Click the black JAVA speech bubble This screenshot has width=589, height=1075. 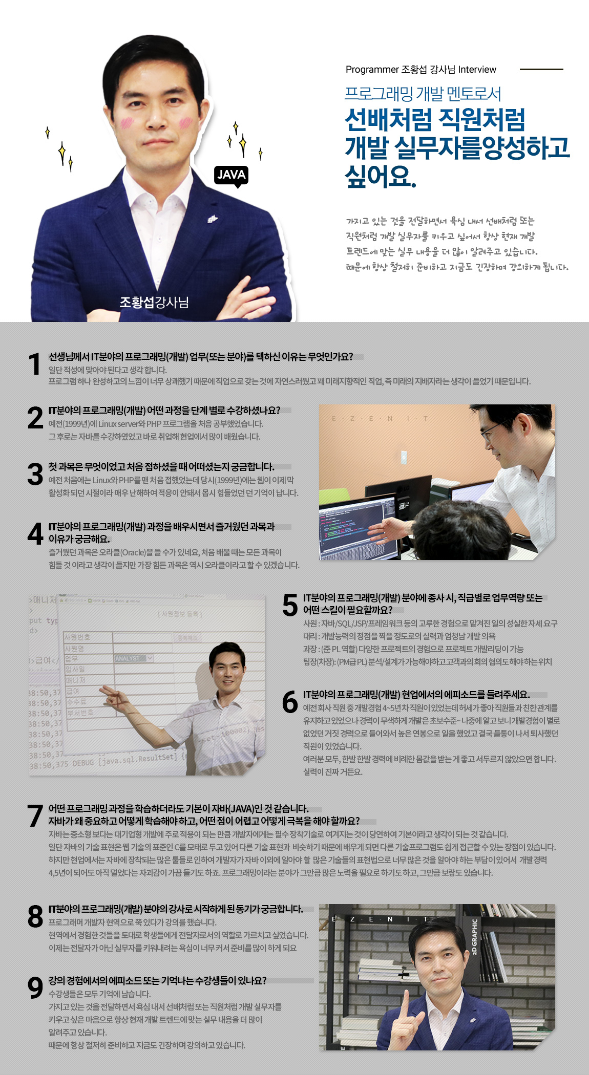(231, 176)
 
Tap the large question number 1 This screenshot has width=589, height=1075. (35, 364)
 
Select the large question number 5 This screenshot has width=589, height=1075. (290, 605)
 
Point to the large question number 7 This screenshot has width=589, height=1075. (35, 815)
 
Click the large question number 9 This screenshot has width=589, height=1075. (35, 987)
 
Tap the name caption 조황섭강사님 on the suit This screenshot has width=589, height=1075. (154, 303)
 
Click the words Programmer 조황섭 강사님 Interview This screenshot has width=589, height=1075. (421, 70)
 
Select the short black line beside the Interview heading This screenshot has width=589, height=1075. (541, 69)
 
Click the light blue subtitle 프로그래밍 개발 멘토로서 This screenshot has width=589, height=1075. (423, 94)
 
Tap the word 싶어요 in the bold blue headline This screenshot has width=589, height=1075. (381, 176)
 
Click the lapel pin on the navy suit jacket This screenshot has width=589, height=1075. (213, 219)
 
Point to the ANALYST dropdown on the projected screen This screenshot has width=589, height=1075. (134, 658)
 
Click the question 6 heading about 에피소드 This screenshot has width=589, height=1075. (416, 695)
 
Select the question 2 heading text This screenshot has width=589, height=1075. (164, 410)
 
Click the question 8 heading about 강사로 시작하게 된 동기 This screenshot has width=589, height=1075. (176, 909)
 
